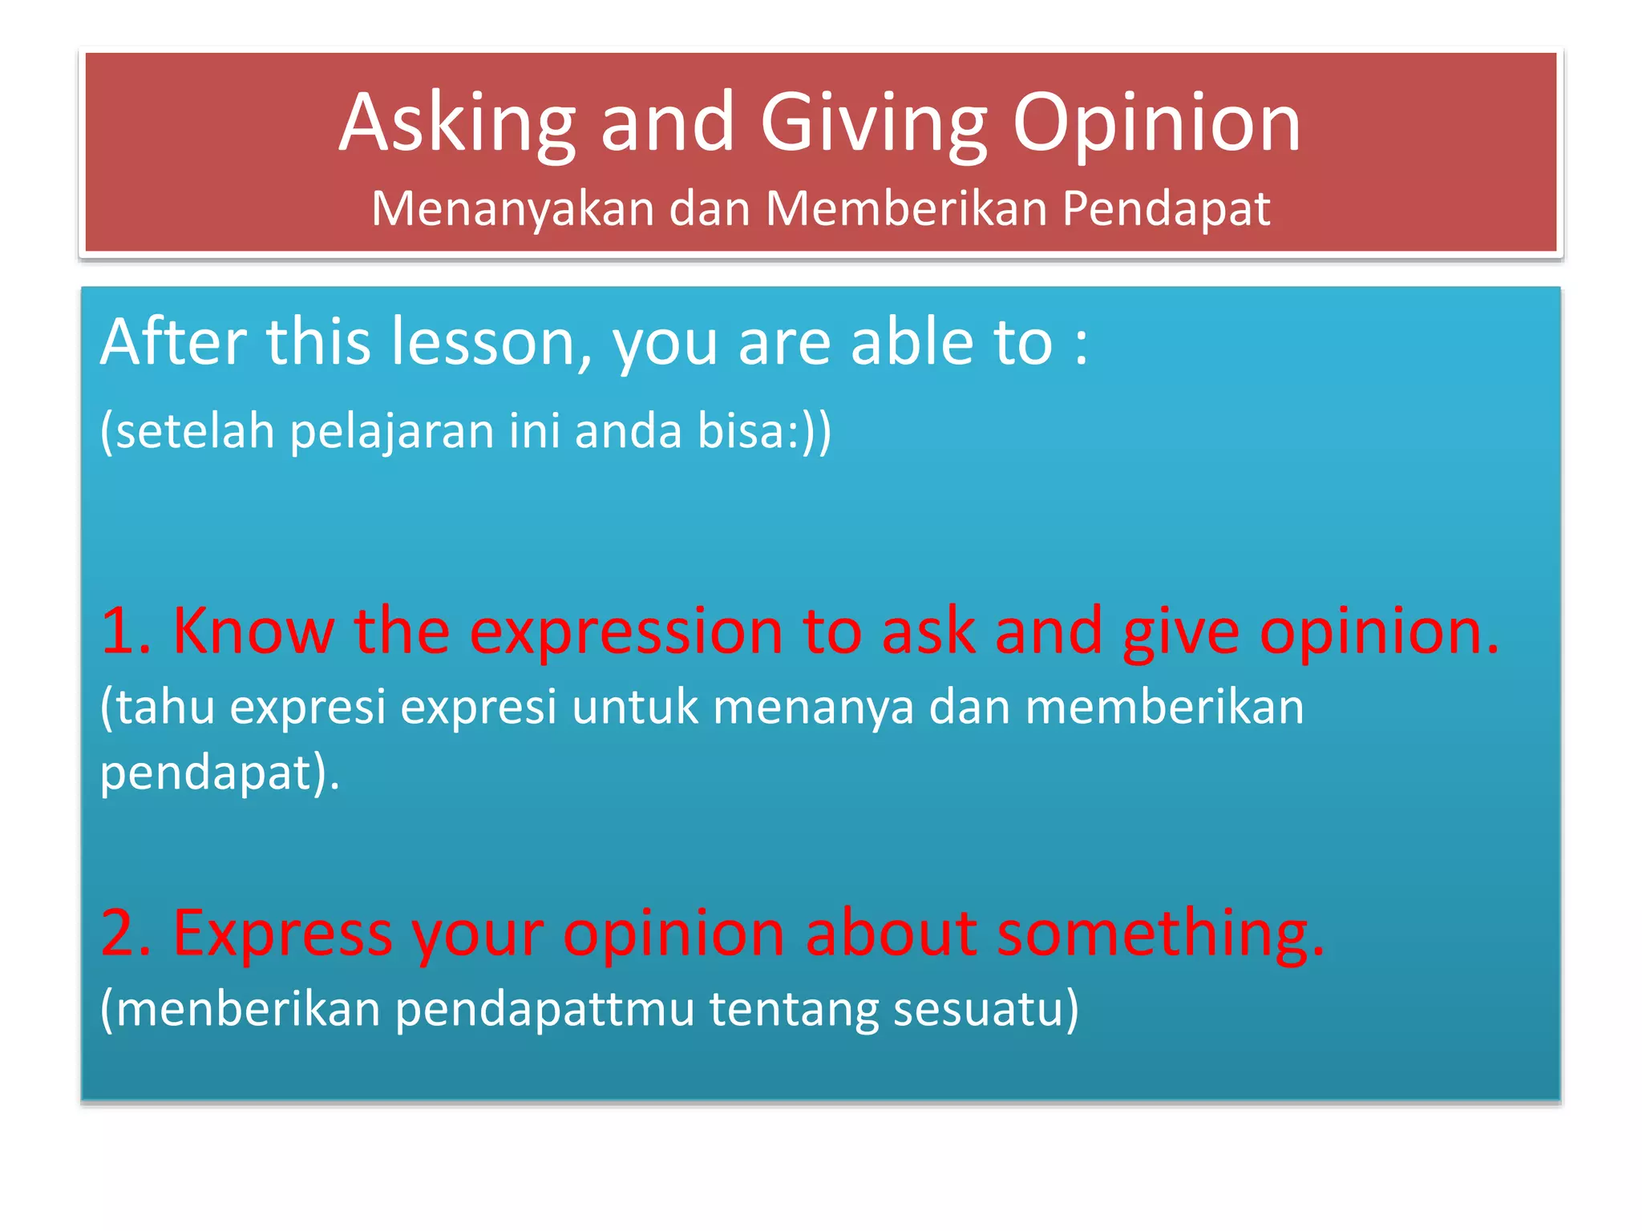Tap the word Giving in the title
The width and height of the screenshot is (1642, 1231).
click(874, 124)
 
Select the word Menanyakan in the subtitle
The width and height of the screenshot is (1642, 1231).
click(513, 210)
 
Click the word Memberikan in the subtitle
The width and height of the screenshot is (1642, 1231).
click(907, 210)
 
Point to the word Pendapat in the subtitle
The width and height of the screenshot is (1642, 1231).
click(1166, 210)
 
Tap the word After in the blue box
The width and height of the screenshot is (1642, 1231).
click(173, 343)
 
